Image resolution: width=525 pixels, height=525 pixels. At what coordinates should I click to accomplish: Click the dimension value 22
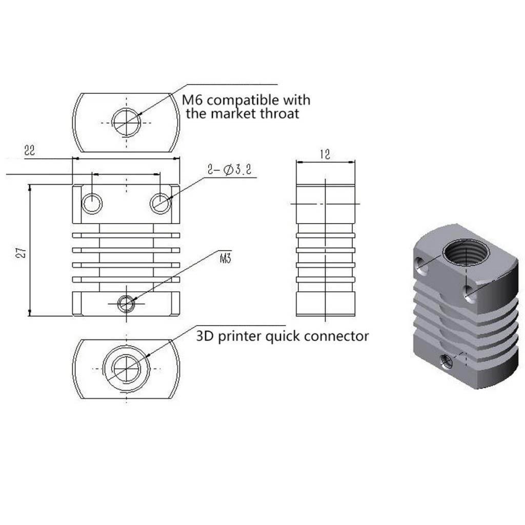(29, 150)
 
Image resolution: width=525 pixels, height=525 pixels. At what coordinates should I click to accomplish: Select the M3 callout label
(225, 259)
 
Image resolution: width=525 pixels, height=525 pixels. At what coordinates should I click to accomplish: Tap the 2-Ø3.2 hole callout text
(230, 170)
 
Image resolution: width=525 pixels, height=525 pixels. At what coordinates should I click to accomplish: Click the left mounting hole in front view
(92, 203)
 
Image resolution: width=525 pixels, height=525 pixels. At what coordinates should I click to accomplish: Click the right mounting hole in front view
(160, 203)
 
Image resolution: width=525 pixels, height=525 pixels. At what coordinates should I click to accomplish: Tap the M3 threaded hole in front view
(126, 304)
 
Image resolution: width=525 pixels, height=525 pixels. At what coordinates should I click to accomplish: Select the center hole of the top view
(127, 123)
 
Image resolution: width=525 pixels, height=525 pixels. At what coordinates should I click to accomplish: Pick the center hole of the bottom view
(126, 368)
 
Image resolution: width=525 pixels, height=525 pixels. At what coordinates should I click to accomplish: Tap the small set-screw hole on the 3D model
(447, 362)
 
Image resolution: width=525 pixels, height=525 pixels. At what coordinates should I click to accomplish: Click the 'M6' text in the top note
(193, 99)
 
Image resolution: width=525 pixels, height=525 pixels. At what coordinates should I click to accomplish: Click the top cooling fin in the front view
(126, 235)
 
